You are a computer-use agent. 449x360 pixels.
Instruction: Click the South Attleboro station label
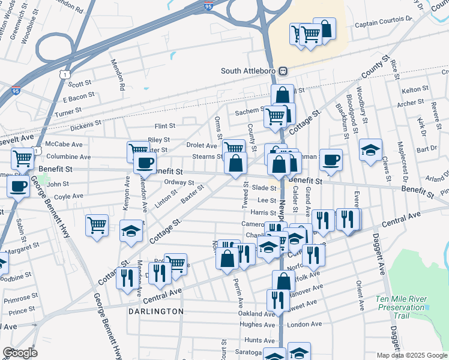click(249, 71)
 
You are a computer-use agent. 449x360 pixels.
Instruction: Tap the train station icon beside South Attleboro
click(283, 71)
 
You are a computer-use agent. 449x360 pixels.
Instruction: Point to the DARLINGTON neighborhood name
click(155, 311)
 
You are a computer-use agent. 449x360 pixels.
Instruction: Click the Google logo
click(20, 353)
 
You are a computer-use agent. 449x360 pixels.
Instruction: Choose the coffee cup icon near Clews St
click(331, 160)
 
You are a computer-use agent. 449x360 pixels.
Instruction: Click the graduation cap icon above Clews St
click(371, 149)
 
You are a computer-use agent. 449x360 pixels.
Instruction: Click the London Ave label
click(304, 324)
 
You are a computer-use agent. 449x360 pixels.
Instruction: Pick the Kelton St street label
click(415, 89)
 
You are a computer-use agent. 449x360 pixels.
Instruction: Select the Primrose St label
click(21, 298)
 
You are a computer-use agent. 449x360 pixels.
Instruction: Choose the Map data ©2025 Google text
click(411, 355)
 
